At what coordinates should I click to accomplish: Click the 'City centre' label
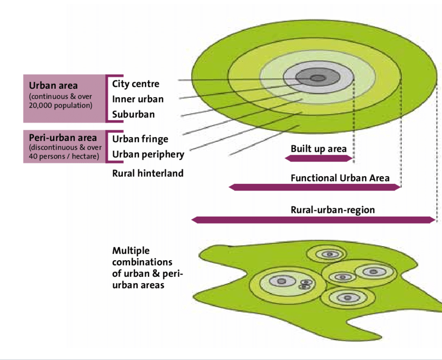(x=136, y=84)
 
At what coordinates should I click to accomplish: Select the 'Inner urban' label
(x=138, y=99)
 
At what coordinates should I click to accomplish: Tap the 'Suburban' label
(x=133, y=114)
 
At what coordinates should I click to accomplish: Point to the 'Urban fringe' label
(x=140, y=139)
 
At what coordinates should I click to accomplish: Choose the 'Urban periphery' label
(x=148, y=154)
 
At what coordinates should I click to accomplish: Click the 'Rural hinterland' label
(x=148, y=173)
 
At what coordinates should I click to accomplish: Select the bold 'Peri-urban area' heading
(x=63, y=138)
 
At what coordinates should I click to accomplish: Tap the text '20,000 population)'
(x=60, y=105)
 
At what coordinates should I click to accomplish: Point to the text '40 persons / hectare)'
(x=64, y=156)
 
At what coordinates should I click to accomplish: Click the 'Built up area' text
(x=318, y=149)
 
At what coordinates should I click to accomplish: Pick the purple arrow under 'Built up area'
(x=319, y=158)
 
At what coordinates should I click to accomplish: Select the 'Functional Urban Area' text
(x=340, y=178)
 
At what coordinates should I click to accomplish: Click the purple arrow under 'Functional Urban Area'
(x=315, y=187)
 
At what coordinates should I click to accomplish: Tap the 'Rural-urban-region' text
(x=332, y=210)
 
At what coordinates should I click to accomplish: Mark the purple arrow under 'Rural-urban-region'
(x=313, y=220)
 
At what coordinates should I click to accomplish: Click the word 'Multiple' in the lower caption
(x=131, y=251)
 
